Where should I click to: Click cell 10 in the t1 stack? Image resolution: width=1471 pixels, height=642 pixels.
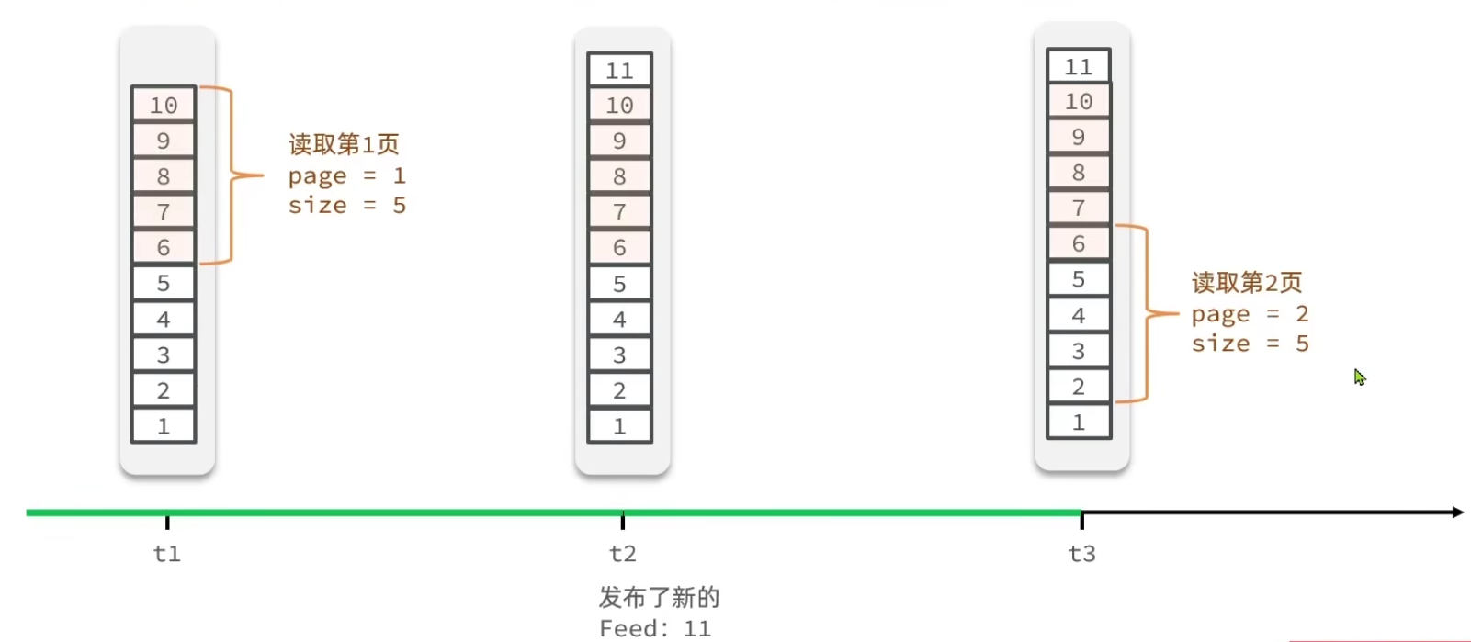[x=164, y=106]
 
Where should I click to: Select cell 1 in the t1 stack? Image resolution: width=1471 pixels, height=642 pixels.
[x=164, y=426]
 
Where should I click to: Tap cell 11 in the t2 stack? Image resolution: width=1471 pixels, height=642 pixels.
[x=619, y=71]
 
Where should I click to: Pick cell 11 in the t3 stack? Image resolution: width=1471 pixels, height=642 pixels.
[x=1079, y=67]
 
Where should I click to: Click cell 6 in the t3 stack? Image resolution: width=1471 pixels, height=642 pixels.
[x=1079, y=243]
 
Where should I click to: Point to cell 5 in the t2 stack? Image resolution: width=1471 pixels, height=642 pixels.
[x=619, y=284]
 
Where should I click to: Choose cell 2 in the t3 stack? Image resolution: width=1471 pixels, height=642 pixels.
[x=1079, y=387]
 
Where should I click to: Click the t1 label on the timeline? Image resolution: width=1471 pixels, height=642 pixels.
[x=167, y=554]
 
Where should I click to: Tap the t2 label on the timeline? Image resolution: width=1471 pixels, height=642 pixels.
[x=623, y=554]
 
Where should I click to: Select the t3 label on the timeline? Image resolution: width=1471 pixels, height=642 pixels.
[x=1082, y=554]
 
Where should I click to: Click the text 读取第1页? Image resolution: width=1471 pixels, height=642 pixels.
[x=344, y=144]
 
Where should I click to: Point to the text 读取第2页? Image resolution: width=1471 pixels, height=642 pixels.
[x=1247, y=282]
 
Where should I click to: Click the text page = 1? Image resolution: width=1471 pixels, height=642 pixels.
[x=346, y=175]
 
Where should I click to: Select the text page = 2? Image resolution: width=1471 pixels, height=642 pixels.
[x=1250, y=314]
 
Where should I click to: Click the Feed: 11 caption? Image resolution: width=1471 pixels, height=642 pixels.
[x=655, y=629]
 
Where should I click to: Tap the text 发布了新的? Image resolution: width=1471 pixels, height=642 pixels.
[x=659, y=598]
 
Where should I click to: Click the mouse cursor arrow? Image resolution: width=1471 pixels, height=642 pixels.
[x=1359, y=377]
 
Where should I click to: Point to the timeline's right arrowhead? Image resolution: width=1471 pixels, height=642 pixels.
[x=1457, y=512]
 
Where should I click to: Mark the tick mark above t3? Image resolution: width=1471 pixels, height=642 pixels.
[x=1082, y=521]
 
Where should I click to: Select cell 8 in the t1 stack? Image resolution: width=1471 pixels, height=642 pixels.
[x=164, y=176]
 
